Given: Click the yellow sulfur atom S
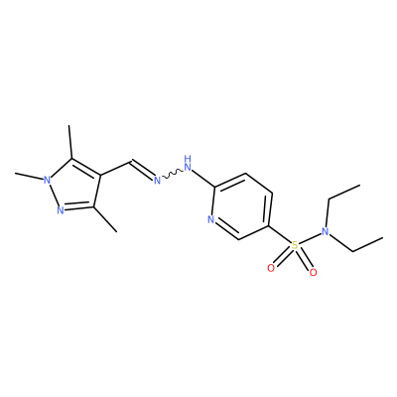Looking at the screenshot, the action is click(294, 245).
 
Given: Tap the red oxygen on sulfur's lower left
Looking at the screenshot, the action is click(271, 268).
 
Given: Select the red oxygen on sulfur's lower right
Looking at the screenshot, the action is click(313, 273).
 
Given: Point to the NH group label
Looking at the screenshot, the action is click(188, 163).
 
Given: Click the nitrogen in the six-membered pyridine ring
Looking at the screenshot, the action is click(211, 219).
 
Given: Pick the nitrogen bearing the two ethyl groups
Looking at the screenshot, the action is click(326, 231).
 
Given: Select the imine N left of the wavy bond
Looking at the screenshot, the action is click(157, 181).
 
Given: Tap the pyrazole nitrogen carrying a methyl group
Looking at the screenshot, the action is click(48, 180).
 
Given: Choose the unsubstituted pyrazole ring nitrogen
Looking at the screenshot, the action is click(60, 210).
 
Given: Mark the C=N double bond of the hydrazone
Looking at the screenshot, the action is click(142, 170).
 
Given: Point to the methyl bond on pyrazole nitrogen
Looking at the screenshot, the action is click(30, 176).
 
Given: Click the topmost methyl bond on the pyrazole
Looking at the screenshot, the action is click(70, 142).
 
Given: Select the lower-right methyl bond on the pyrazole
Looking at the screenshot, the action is click(105, 219).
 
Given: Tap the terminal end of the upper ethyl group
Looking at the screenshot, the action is click(359, 186).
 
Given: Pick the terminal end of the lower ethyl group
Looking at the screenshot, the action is click(383, 237).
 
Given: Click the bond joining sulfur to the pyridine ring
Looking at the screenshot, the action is click(280, 235).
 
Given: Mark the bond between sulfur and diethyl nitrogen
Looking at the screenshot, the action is click(310, 238).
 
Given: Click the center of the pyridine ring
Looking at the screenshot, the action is click(242, 206).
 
